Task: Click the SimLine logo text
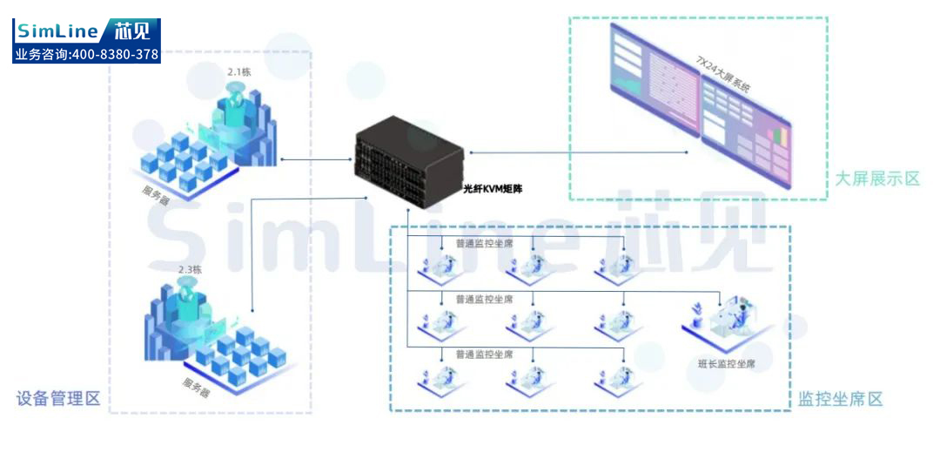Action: coord(57,32)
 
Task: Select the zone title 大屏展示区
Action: coord(876,179)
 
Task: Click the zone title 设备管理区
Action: coord(58,399)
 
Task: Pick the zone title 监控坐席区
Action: coord(840,399)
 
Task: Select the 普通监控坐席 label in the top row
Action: coord(484,243)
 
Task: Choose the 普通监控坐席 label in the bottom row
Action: coord(484,355)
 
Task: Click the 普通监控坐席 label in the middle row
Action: coord(484,299)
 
